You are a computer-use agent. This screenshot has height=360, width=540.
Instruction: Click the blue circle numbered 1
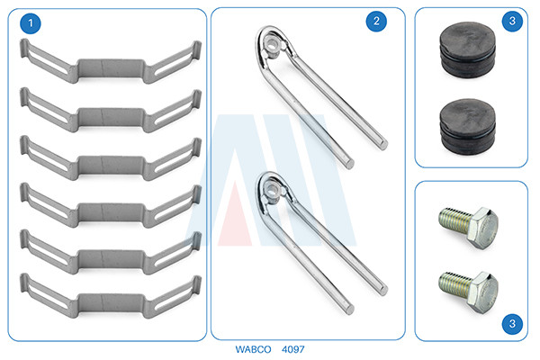(31, 23)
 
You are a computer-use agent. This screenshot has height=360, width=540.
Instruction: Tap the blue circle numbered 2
(376, 22)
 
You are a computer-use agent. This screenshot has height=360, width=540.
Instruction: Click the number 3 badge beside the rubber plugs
(512, 21)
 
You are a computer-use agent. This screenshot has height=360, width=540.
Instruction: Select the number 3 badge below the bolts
(512, 323)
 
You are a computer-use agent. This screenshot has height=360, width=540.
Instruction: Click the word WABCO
(253, 349)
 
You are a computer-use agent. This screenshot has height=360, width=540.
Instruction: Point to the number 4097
(293, 349)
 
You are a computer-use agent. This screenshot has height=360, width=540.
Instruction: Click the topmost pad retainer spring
(111, 62)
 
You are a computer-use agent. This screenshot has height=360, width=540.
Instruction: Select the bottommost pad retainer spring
(111, 296)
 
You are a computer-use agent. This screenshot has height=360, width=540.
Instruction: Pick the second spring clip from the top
(111, 111)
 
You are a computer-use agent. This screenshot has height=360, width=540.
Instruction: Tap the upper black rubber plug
(468, 50)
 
